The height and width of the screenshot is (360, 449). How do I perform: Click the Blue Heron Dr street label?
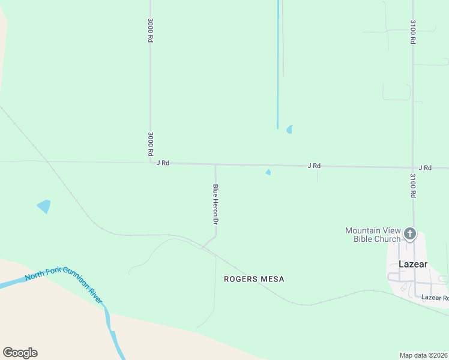tap(215, 204)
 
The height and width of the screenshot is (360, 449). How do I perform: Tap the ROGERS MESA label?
tap(254, 279)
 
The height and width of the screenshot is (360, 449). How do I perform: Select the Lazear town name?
tap(413, 264)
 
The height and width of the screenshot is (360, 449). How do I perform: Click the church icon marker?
tap(410, 233)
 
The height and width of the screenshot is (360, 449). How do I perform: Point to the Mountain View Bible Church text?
tap(373, 235)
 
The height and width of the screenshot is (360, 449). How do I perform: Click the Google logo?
tap(20, 353)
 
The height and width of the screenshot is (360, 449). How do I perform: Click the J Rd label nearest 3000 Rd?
tap(163, 163)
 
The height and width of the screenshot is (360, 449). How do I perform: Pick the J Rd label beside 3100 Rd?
tap(425, 167)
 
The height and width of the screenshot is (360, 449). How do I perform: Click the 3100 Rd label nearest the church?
tap(413, 186)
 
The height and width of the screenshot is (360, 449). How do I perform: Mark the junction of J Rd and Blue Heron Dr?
tap(215, 164)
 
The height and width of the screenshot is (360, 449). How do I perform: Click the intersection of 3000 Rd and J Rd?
tap(150, 163)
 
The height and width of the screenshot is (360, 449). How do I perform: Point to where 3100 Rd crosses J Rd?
tap(413, 168)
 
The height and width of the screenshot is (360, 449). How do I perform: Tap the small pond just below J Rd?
tap(268, 173)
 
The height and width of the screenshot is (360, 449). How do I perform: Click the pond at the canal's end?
tap(290, 129)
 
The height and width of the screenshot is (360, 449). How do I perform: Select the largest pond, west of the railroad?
tap(44, 206)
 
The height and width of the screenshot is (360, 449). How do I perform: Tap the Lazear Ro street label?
tap(435, 298)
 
